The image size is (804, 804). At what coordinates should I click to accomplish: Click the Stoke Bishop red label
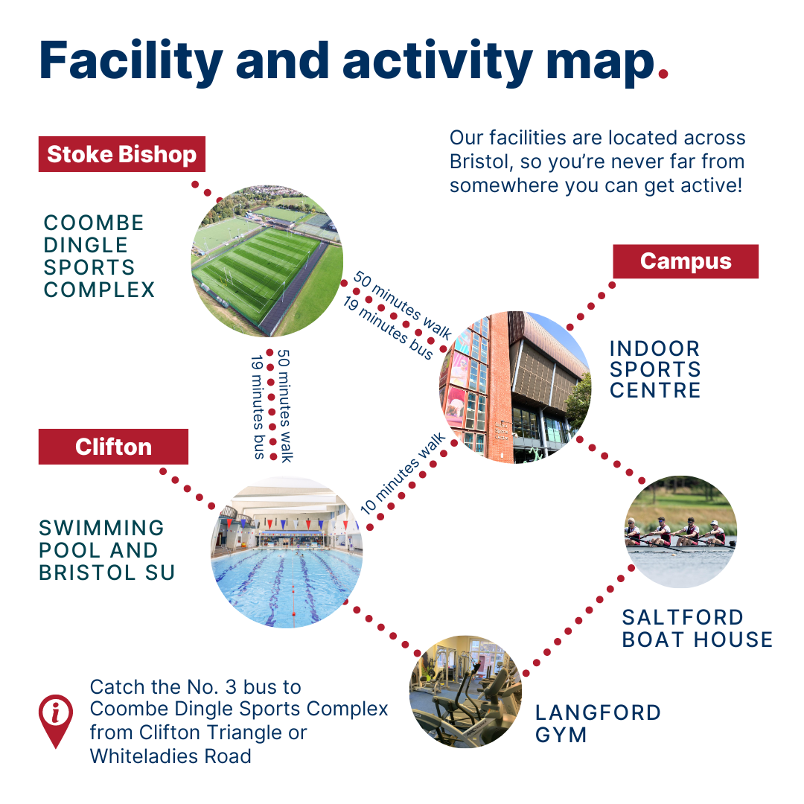[122, 154]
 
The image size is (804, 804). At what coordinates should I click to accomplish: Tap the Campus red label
[686, 261]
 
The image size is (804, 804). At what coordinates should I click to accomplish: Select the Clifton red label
[113, 447]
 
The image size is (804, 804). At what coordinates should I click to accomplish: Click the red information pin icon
[55, 721]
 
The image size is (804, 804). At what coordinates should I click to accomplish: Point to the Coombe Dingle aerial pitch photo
[267, 261]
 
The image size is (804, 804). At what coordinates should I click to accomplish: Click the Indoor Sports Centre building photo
[515, 387]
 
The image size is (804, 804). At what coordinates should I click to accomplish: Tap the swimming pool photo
[287, 552]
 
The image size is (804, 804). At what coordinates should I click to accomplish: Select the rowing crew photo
[681, 532]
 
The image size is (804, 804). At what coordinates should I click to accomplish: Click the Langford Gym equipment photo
[465, 692]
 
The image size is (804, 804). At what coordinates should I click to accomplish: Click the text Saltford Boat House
[698, 628]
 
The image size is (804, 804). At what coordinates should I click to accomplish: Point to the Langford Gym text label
[598, 724]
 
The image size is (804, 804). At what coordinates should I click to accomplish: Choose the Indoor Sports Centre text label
[655, 369]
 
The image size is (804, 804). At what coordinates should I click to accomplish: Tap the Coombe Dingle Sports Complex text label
[99, 256]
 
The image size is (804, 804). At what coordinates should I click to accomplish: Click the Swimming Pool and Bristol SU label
[106, 550]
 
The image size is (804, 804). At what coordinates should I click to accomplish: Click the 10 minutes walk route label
[403, 473]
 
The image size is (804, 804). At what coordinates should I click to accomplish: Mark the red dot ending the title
[663, 74]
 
